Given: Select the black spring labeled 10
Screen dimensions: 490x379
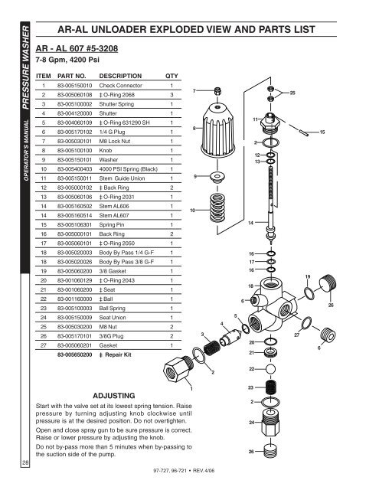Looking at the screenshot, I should click(x=217, y=207).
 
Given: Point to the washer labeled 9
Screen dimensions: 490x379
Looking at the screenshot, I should click(x=217, y=177).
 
